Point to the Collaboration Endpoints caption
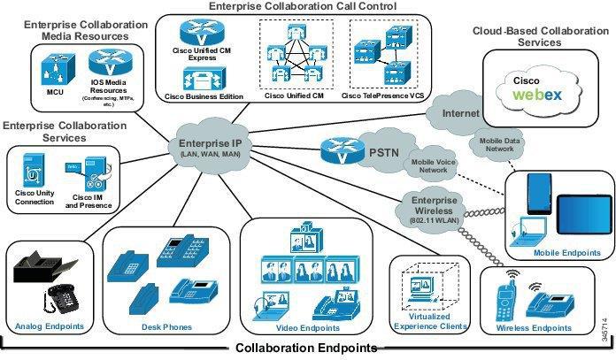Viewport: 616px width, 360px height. pos(306,348)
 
